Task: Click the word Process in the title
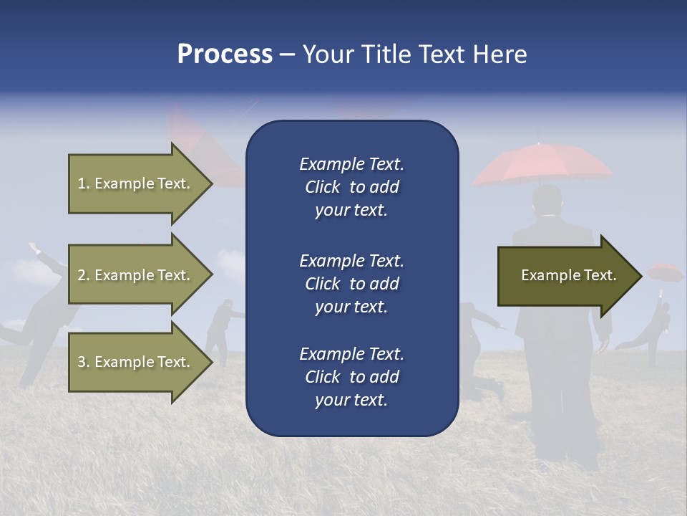coord(225,54)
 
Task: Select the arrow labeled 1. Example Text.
coord(136,183)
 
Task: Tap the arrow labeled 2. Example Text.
coord(136,275)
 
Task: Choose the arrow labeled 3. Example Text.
coord(136,362)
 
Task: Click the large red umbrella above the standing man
coord(542,163)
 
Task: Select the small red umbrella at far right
coord(664,272)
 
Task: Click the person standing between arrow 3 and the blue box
coord(223,330)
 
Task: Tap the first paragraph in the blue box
coord(351,187)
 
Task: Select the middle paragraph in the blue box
coord(351,283)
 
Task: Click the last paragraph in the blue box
coord(351,377)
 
